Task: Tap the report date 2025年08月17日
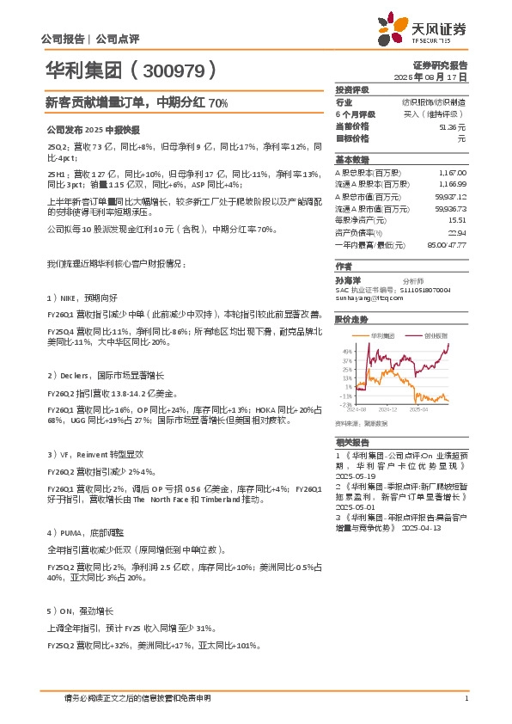(x=437, y=77)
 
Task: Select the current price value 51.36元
(x=452, y=126)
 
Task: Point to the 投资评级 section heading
(x=352, y=89)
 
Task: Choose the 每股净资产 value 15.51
(x=456, y=220)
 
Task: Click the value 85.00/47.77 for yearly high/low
(x=445, y=244)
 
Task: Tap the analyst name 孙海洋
(x=349, y=279)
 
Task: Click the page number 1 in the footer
(x=466, y=697)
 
